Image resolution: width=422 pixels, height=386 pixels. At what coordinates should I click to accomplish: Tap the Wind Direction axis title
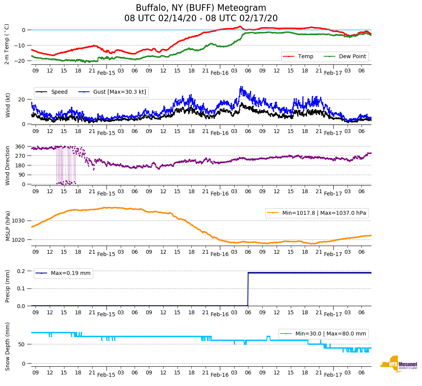8,165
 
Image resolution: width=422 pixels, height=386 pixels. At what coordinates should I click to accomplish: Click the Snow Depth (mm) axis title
8,346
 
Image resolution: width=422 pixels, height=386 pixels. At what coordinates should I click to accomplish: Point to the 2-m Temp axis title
7,44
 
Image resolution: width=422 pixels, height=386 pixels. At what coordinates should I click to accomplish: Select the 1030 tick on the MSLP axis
19,221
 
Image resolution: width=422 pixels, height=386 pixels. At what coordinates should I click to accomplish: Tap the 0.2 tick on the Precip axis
21,271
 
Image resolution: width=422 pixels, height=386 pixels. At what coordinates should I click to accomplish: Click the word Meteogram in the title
241,8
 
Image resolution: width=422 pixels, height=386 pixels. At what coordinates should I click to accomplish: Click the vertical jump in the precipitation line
248,289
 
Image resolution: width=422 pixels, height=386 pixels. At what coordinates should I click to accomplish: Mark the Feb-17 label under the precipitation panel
333,314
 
